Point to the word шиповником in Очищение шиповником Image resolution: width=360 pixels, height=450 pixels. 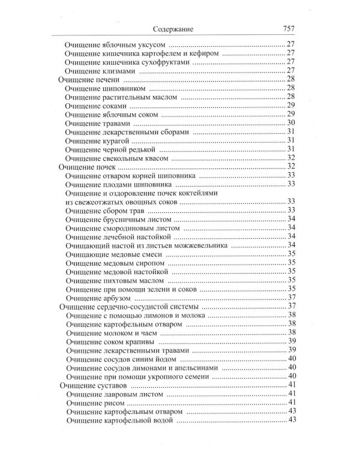127,88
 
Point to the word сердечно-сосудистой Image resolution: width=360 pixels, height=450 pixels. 135,307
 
